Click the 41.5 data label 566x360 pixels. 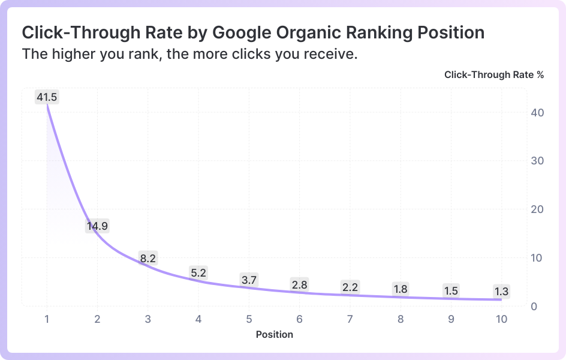(x=47, y=97)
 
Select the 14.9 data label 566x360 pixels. (x=97, y=226)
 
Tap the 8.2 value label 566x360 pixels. (x=148, y=258)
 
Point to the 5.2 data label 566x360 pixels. (x=198, y=272)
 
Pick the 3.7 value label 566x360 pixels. (x=249, y=280)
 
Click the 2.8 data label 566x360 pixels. (x=300, y=285)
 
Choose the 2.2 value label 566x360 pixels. (x=350, y=287)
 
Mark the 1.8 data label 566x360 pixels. (x=401, y=289)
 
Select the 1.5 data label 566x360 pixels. (x=451, y=290)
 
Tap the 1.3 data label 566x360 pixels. (x=501, y=292)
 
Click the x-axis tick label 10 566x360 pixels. (x=501, y=319)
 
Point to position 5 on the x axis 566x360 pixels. (x=249, y=319)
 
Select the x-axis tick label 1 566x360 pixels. (x=47, y=319)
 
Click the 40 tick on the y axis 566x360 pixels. (x=537, y=113)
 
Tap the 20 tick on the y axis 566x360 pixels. (x=537, y=209)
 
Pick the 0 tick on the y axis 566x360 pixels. (x=534, y=307)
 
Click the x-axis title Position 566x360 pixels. (x=275, y=334)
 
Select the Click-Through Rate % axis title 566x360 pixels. (x=494, y=75)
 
